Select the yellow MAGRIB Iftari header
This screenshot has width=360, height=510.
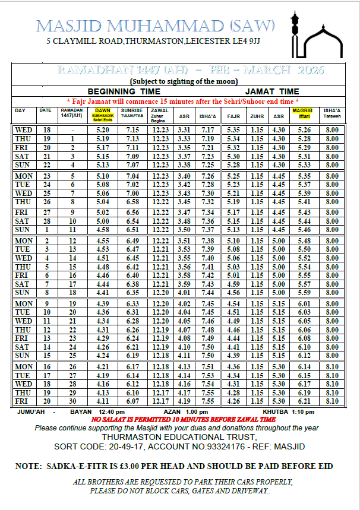[x=304, y=113]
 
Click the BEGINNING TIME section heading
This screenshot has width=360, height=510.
[x=124, y=91]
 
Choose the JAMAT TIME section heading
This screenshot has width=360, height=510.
[x=272, y=91]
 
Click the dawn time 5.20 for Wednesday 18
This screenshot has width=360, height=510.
[x=102, y=130]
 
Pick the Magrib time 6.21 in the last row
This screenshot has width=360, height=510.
[x=304, y=401]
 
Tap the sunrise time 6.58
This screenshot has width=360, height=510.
[x=132, y=202]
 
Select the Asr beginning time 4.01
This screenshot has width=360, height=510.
[x=184, y=293]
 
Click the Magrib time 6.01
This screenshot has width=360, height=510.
[x=304, y=304]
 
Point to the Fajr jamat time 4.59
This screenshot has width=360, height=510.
[x=234, y=284]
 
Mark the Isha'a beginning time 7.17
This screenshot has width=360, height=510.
[x=208, y=130]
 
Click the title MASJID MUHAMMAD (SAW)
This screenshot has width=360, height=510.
[x=156, y=26]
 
